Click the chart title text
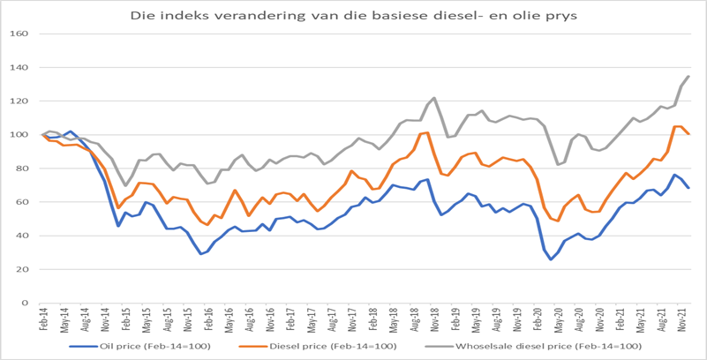[353, 15]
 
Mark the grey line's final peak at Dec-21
[688, 76]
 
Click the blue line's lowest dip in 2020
[552, 259]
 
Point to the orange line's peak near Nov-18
[428, 132]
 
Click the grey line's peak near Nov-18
[434, 98]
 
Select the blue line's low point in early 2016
[201, 254]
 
